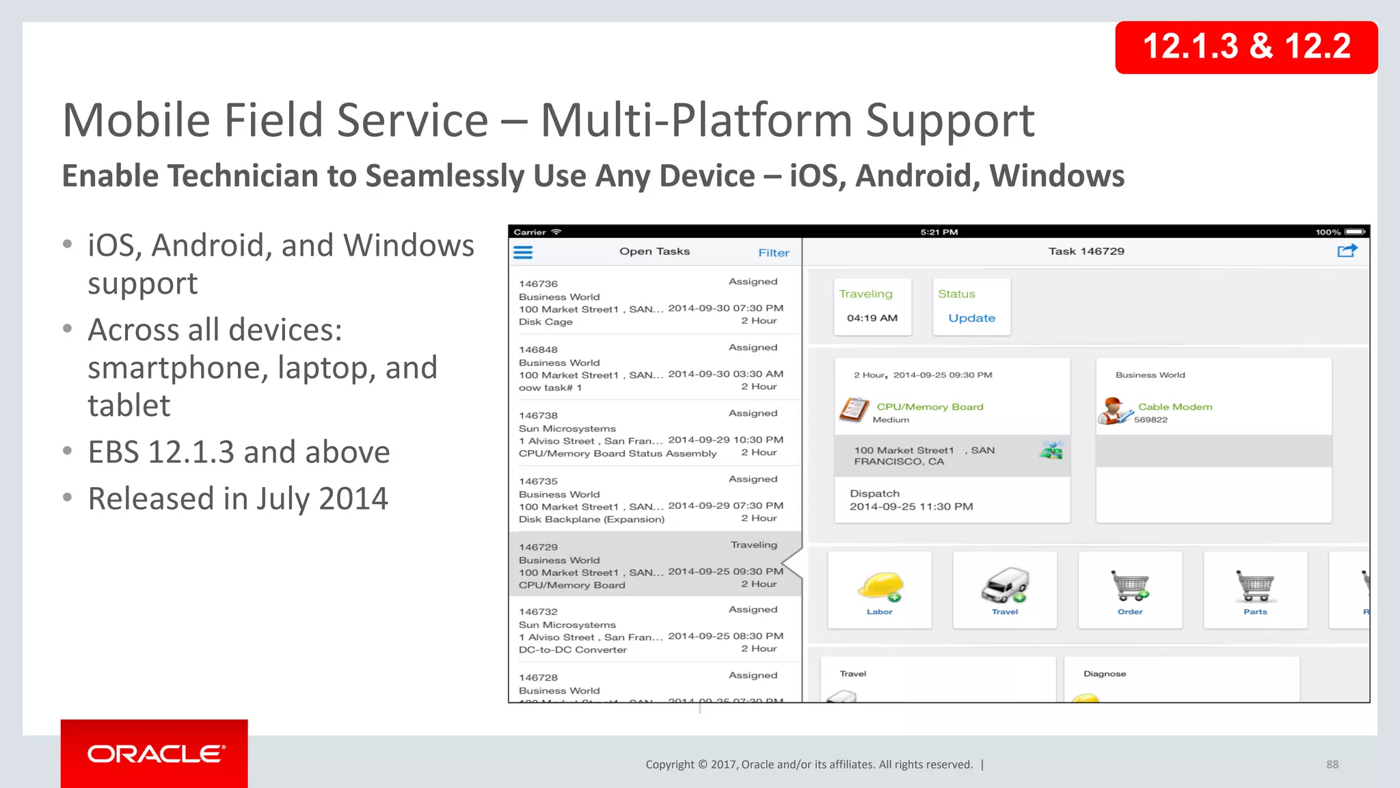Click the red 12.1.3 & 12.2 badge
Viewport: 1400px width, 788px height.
click(1246, 47)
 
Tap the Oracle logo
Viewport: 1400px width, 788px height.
click(155, 754)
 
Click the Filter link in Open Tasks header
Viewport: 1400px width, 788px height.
click(773, 253)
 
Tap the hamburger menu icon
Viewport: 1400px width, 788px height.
click(523, 252)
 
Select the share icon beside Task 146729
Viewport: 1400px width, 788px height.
click(1346, 251)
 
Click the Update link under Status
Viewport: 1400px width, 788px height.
click(971, 318)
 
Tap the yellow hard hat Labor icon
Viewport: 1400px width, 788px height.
click(880, 586)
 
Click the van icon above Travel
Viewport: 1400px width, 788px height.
click(1005, 585)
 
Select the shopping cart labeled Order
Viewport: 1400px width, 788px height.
click(1130, 586)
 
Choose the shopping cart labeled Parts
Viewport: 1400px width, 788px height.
click(1255, 586)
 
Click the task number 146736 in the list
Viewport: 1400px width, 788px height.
click(538, 284)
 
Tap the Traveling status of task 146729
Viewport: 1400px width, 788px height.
click(753, 544)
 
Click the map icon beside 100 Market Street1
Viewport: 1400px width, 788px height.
click(1051, 450)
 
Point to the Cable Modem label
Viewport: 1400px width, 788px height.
click(1174, 407)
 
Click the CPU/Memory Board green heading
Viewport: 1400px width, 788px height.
click(930, 407)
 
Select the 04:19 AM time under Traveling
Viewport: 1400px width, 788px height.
click(872, 318)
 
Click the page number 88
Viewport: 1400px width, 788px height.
click(1332, 765)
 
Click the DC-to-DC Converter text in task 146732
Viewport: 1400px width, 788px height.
click(572, 650)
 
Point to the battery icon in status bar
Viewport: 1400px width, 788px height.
click(1355, 232)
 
